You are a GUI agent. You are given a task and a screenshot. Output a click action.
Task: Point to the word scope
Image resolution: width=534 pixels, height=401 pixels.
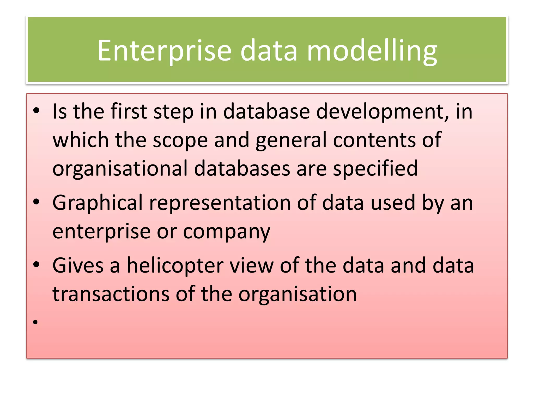[180, 140]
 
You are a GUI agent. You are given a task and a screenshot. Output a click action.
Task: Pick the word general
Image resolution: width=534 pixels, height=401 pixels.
[291, 140]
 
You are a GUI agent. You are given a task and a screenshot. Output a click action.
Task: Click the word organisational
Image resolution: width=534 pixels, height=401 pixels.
[120, 169]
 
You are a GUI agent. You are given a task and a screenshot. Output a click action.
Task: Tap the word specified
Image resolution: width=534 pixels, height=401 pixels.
[375, 169]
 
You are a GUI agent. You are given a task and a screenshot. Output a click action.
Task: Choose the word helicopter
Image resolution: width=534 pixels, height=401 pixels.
[175, 266]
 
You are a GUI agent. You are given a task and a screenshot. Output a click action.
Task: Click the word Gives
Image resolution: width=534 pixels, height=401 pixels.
[78, 266]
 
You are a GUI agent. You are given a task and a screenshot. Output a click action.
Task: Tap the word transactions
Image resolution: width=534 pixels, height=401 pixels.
[111, 294]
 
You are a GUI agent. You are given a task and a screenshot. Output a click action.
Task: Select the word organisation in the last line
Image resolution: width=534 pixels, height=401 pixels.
[298, 294]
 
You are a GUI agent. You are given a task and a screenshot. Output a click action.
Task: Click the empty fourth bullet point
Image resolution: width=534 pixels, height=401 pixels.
[36, 322]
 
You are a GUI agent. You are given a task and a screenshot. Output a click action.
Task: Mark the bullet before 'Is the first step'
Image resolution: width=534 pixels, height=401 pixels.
[36, 111]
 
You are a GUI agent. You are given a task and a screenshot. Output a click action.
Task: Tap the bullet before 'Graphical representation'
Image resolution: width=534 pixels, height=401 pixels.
[36, 202]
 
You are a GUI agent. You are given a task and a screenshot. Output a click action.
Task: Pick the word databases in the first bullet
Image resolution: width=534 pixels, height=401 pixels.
[242, 169]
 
